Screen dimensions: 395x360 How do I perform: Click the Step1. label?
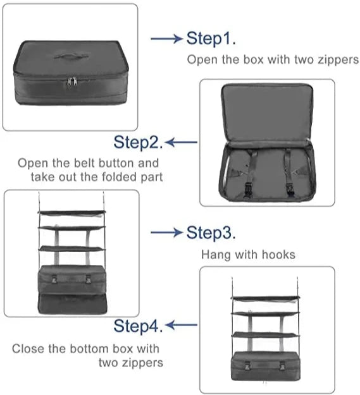click(x=211, y=39)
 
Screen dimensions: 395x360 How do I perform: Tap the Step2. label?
click(x=138, y=142)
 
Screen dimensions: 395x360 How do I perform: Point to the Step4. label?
click(x=138, y=326)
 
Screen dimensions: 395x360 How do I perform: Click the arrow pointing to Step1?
click(x=166, y=39)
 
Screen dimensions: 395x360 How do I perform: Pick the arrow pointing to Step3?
click(x=166, y=233)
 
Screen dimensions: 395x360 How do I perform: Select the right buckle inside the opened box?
click(x=289, y=187)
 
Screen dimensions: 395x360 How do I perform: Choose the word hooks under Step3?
click(x=278, y=255)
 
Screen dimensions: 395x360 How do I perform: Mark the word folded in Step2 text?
click(x=115, y=177)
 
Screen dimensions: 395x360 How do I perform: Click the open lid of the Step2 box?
click(x=266, y=114)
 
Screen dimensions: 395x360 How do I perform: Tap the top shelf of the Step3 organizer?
click(x=71, y=212)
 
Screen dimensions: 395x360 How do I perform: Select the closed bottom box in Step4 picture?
click(x=266, y=366)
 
